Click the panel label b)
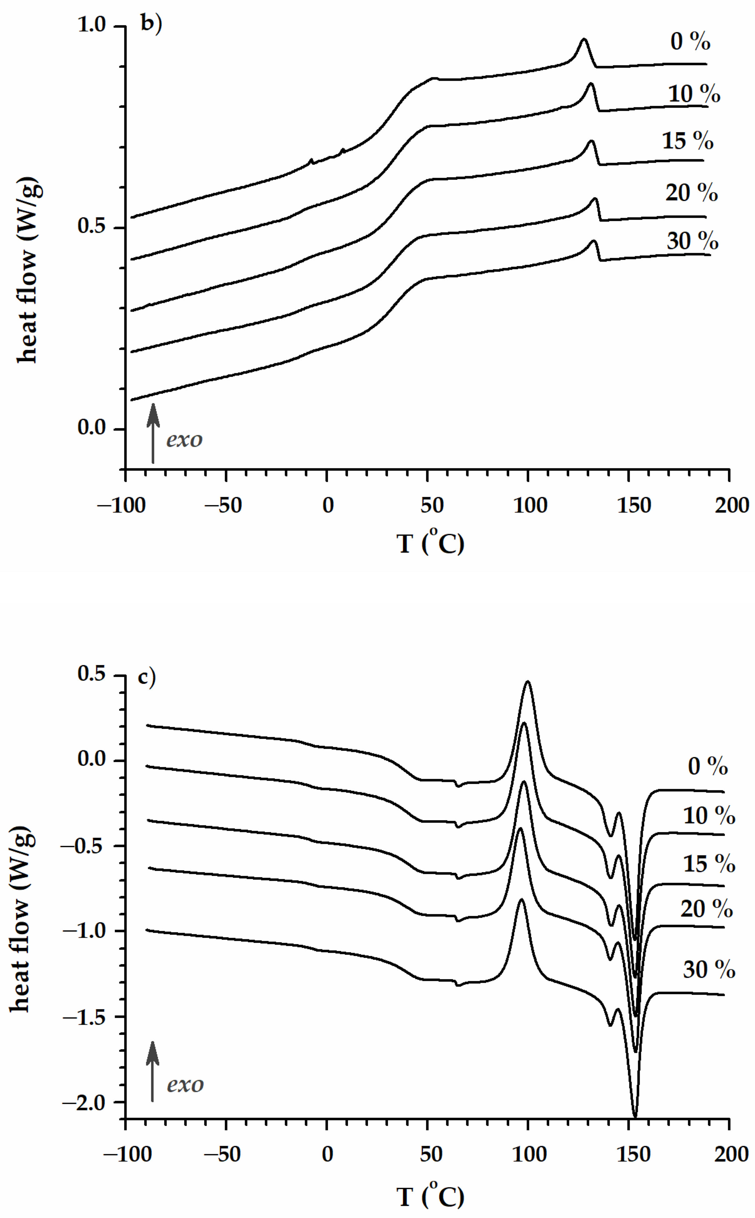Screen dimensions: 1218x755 point(151,24)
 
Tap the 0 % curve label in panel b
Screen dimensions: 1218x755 point(690,42)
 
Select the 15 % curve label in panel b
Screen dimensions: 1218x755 point(687,141)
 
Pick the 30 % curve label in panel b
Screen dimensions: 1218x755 point(692,242)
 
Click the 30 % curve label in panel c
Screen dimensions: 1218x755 point(708,970)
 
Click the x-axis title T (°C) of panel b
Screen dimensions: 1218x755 point(430,543)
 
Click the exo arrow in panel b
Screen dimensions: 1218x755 point(153,433)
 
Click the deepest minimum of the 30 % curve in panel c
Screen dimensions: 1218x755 point(635,1116)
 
